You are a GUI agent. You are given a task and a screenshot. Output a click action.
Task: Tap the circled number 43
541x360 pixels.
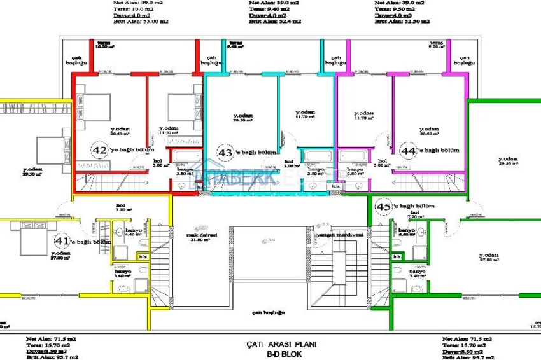[x=226, y=153]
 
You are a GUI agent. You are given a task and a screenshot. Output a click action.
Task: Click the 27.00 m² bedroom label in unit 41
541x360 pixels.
[x=61, y=254]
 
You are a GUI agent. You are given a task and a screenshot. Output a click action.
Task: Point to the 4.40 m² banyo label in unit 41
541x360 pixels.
[x=132, y=232]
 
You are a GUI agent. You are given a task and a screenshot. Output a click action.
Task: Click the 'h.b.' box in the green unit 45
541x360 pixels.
[x=397, y=256]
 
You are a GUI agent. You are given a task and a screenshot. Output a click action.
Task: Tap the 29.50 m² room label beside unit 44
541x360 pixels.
[x=507, y=161]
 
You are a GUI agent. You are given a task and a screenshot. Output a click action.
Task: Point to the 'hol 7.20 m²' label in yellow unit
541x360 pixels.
[x=120, y=207]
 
